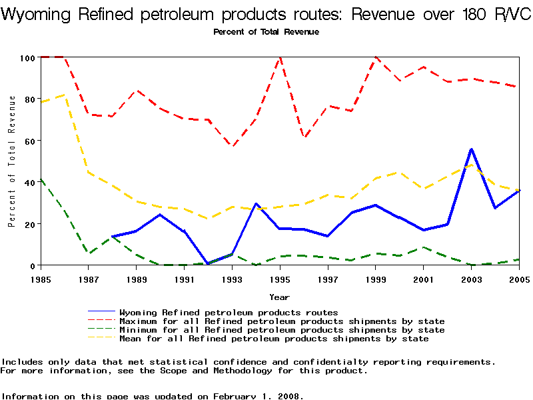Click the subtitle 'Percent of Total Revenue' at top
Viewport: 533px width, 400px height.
point(266,32)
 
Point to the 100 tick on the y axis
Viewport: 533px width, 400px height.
point(27,58)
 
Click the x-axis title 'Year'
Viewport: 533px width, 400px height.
point(279,297)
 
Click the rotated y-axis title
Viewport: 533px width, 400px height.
point(12,161)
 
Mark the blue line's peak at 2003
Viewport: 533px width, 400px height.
point(472,149)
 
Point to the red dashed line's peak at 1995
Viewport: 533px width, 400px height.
point(280,58)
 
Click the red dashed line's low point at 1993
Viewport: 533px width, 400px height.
point(232,146)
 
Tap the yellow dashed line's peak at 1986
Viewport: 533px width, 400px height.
point(65,95)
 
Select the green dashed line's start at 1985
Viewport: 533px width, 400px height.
point(41,179)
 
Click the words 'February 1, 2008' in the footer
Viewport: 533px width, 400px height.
point(257,396)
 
